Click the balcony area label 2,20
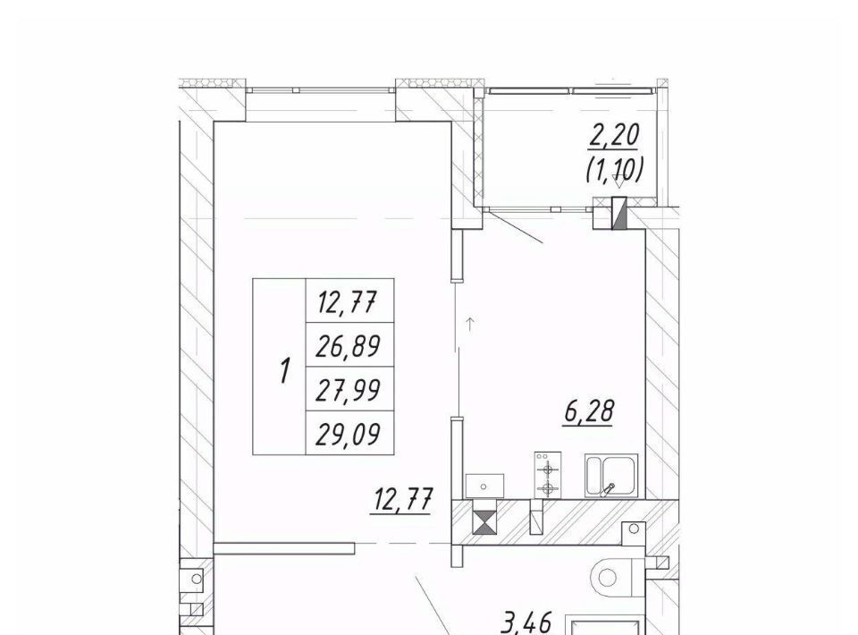(x=613, y=135)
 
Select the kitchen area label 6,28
(x=589, y=411)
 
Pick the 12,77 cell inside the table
(x=349, y=301)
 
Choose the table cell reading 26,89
(x=349, y=345)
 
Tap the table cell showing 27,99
(x=349, y=389)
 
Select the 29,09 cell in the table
(x=349, y=433)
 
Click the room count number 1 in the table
(x=284, y=370)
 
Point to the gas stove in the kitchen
(x=548, y=475)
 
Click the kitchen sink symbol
(x=611, y=475)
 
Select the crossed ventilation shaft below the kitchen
(x=485, y=522)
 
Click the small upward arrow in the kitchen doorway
(x=469, y=324)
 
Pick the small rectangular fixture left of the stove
(x=484, y=487)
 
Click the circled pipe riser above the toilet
(x=634, y=529)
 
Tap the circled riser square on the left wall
(x=196, y=578)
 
